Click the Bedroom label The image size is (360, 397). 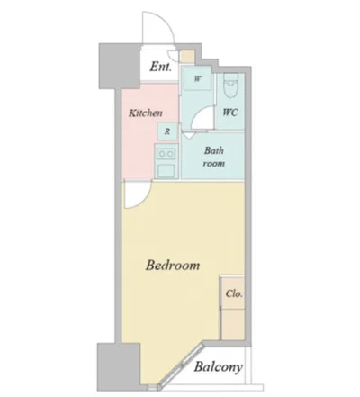pos(173,266)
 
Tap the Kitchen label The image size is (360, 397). pos(146,113)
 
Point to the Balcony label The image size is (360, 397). pos(218,367)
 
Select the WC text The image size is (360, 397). pos(230,113)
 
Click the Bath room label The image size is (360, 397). pos(214,157)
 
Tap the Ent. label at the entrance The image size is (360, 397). pos(161,67)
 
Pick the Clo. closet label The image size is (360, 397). pos(234,293)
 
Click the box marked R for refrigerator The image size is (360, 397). pos(167,131)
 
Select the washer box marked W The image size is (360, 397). pos(197,78)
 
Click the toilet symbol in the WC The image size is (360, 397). pos(230,86)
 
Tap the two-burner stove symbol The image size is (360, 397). pos(166,154)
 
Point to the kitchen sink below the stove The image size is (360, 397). pos(166,171)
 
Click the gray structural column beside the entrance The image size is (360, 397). pos(120,66)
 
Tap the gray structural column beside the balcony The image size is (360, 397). pos(119,366)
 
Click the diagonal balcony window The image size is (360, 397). pos(180,367)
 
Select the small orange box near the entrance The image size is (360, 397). pos(188,56)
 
